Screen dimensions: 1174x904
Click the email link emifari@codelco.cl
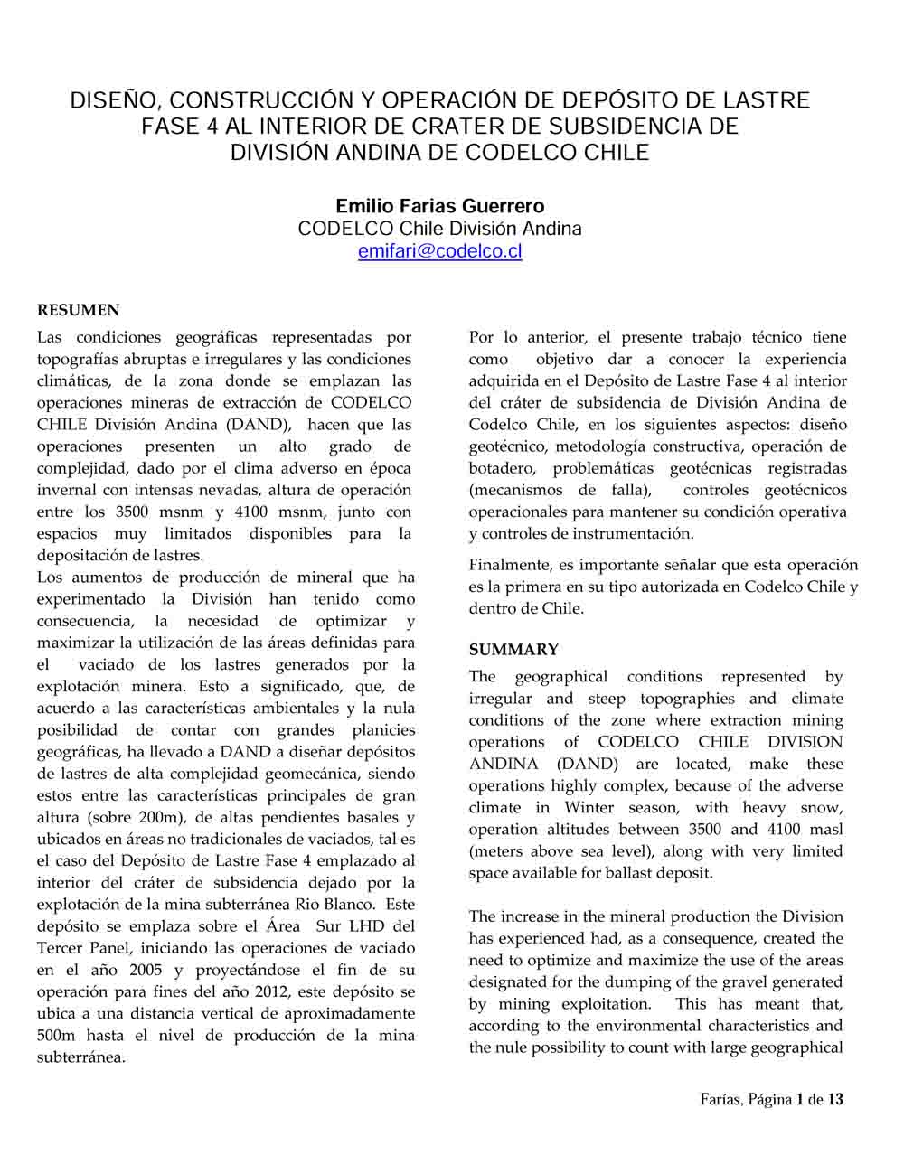coord(440,252)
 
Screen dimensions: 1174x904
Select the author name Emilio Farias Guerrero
coord(440,206)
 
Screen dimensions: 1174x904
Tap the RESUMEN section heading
coord(78,311)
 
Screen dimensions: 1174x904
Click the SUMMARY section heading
coord(513,650)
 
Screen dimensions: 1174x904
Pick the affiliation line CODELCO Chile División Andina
coord(440,229)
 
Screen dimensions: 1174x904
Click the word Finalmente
coord(509,566)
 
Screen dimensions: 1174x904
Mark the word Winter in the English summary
coord(589,808)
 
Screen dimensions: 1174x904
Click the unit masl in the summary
coord(824,830)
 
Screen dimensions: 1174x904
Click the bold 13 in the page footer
coord(835,1100)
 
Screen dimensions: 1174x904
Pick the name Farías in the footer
coord(720,1100)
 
